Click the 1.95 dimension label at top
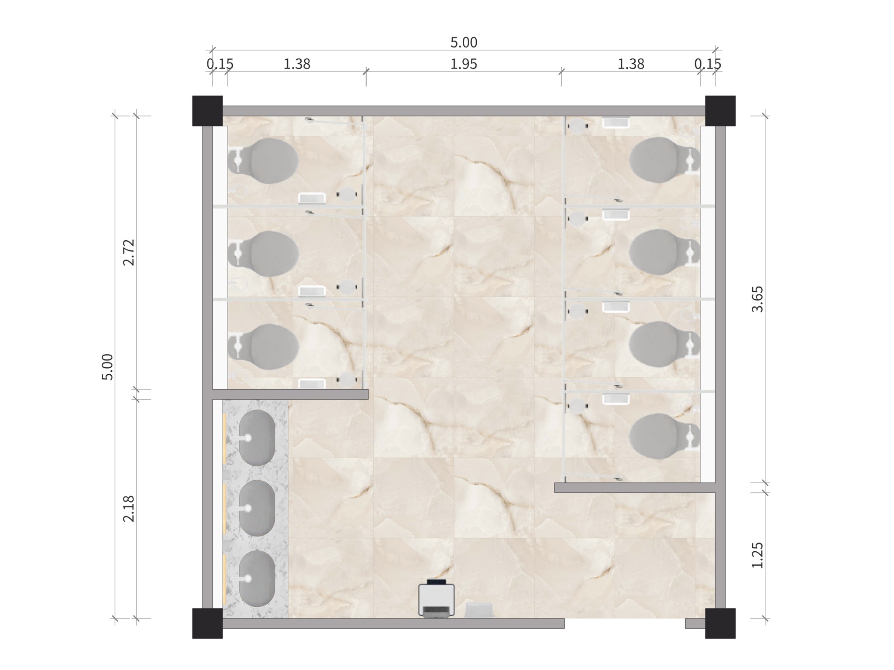coord(464,64)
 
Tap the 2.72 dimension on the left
coord(129,252)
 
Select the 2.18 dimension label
coord(129,509)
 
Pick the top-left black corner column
coord(207,111)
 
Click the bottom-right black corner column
coord(720,623)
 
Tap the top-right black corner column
coord(720,111)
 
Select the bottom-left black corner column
coord(207,623)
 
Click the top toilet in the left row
coord(264,161)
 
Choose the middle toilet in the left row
coord(264,253)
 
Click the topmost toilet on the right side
coord(664,160)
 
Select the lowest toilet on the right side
coord(664,437)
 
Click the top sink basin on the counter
coord(257,438)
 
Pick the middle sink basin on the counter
coord(257,508)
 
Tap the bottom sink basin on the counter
coord(257,578)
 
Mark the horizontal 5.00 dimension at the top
coord(464,43)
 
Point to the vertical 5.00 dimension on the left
coord(107,367)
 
